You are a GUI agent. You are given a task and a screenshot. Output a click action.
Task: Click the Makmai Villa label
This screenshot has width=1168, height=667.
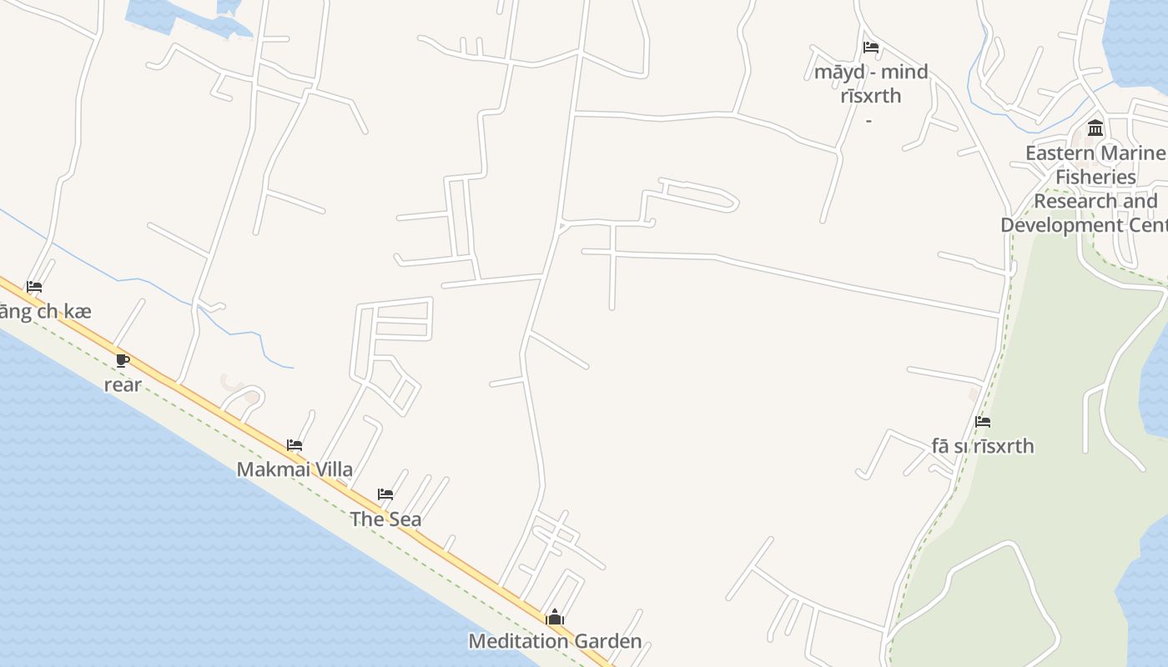click(x=295, y=469)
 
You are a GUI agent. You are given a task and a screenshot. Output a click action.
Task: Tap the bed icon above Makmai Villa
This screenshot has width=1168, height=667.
click(x=295, y=445)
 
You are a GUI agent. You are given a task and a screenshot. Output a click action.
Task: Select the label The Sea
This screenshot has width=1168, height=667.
click(x=385, y=519)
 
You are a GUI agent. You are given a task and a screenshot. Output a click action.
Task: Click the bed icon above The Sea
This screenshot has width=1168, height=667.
click(x=385, y=494)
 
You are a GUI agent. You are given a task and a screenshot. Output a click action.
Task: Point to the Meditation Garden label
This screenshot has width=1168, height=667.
click(x=555, y=641)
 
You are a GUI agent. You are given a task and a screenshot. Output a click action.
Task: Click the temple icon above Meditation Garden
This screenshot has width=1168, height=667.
click(x=555, y=618)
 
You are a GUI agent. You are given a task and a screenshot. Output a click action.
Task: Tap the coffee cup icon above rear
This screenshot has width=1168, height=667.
click(x=123, y=361)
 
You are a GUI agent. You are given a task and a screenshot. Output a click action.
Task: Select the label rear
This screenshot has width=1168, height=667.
click(x=123, y=385)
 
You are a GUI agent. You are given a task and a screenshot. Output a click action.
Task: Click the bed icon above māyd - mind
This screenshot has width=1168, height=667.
click(x=871, y=48)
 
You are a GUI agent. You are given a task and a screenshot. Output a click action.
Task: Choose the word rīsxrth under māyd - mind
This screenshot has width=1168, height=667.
click(x=871, y=96)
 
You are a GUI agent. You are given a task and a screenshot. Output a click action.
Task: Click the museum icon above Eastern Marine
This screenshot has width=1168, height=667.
click(x=1095, y=128)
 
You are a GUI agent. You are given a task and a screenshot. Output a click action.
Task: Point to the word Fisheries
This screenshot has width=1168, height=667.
click(x=1095, y=178)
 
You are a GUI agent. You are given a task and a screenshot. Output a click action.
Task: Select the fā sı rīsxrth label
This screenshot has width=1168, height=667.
click(x=983, y=446)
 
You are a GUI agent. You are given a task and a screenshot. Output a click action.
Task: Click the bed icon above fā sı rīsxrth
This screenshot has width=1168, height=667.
click(x=983, y=422)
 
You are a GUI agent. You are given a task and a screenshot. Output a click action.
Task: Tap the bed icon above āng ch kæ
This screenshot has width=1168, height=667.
click(x=34, y=287)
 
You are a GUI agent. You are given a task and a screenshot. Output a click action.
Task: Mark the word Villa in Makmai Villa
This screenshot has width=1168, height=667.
click(x=331, y=469)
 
